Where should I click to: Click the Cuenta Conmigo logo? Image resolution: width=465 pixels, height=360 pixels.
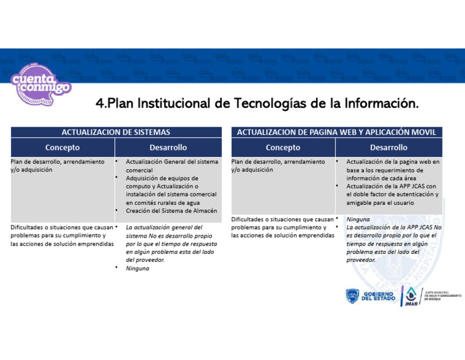pyautogui.click(x=40, y=84)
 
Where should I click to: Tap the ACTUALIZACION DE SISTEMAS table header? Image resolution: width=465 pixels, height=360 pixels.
pyautogui.click(x=116, y=132)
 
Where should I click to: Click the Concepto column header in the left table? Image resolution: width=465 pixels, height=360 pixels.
pyautogui.click(x=62, y=147)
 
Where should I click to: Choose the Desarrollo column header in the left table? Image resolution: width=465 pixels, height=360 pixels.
pyautogui.click(x=168, y=147)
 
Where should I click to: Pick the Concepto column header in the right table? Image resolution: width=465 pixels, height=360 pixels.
pyautogui.click(x=283, y=147)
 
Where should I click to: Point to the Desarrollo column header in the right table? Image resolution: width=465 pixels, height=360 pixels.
pyautogui.click(x=388, y=147)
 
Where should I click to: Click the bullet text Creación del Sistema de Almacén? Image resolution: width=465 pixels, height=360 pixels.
pyautogui.click(x=171, y=211)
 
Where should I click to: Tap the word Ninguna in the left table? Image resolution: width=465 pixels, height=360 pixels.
pyautogui.click(x=138, y=268)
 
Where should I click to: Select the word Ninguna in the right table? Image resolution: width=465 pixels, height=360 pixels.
pyautogui.click(x=358, y=219)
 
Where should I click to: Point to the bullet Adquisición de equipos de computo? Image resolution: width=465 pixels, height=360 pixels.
pyautogui.click(x=162, y=179)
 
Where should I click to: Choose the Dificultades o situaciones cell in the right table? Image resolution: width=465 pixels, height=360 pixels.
pyautogui.click(x=282, y=227)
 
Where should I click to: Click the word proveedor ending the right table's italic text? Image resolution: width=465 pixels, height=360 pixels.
pyautogui.click(x=360, y=260)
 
